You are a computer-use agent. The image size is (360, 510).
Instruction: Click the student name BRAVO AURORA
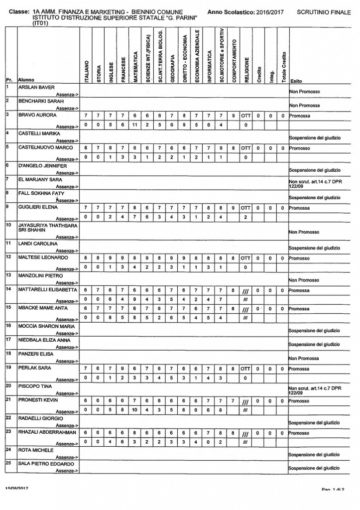[32, 115]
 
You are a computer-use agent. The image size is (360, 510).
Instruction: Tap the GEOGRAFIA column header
[172, 64]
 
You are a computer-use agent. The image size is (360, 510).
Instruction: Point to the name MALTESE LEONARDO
[40, 257]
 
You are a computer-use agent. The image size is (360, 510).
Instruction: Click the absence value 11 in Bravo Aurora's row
[135, 125]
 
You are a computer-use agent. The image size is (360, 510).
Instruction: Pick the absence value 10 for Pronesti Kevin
[135, 410]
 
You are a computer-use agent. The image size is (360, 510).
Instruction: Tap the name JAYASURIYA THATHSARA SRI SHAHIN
[43, 228]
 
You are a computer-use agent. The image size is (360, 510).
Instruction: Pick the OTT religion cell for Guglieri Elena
[245, 208]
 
